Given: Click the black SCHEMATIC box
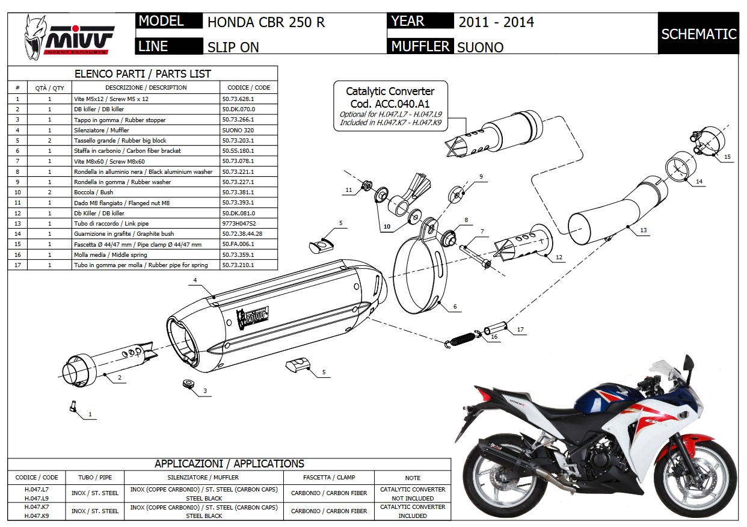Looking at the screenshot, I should (698, 34).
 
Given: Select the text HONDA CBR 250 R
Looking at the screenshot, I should (266, 22).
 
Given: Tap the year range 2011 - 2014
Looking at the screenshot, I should (496, 22).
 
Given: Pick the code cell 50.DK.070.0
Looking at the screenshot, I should (238, 109).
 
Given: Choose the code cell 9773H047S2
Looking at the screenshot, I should (239, 223).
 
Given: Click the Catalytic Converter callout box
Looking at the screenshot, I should (390, 105).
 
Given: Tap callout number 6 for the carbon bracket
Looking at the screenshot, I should (455, 307).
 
